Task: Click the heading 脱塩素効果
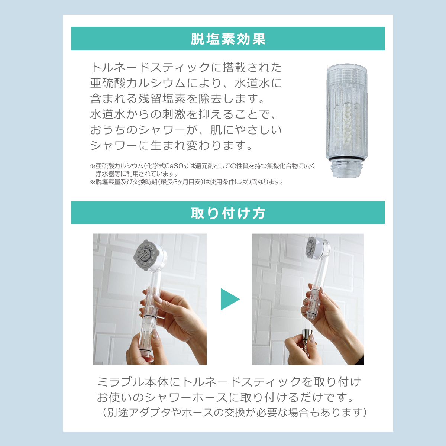pos(228,39)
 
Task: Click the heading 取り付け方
pos(228,213)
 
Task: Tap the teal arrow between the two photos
pos(230,299)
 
